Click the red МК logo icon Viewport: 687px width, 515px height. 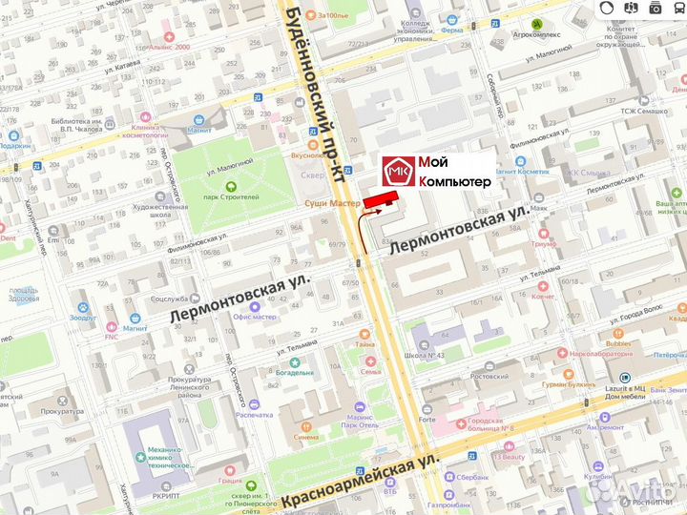[398, 173]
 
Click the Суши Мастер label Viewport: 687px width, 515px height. [332, 203]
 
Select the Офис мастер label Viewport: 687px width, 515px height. [254, 316]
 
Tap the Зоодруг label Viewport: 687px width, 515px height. [83, 317]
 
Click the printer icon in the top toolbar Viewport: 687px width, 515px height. [656, 9]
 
